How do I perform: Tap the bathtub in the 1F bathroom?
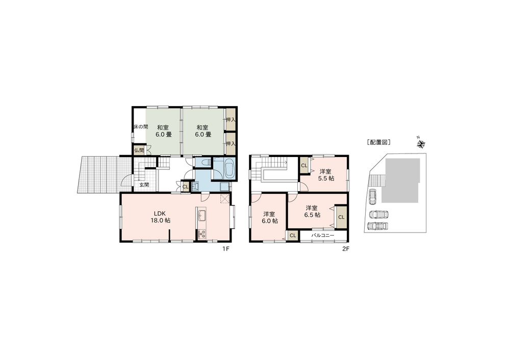(x=229, y=169)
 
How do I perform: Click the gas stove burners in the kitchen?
(x=202, y=234)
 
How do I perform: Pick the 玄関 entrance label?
(x=144, y=185)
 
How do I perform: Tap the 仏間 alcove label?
(x=139, y=150)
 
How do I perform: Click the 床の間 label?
(x=141, y=127)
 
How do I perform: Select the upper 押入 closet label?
(x=231, y=120)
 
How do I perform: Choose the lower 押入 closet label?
(x=231, y=143)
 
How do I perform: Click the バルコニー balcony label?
(x=323, y=235)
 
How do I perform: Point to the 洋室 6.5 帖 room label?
(x=312, y=212)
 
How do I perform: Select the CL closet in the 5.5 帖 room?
(x=304, y=166)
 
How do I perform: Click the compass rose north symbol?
(x=421, y=143)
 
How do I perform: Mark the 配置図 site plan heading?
(x=378, y=142)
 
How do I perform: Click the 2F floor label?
(x=345, y=249)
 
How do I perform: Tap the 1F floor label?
(x=226, y=249)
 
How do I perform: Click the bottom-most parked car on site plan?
(x=377, y=226)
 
